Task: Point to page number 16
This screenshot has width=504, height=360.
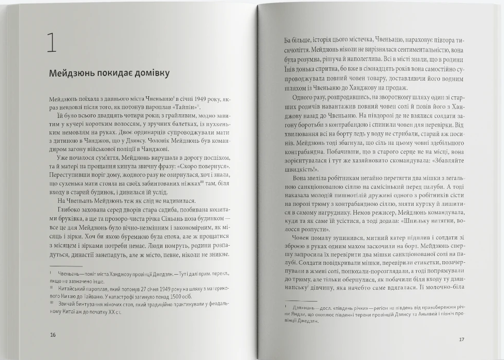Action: (x=53, y=334)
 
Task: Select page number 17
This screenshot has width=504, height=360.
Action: (x=462, y=339)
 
